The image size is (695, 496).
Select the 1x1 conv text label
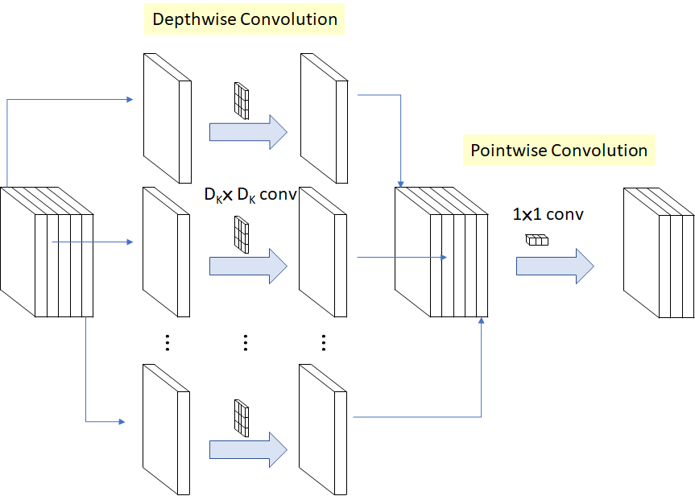548,215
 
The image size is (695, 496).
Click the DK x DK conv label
250,195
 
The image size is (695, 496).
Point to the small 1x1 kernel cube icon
536,239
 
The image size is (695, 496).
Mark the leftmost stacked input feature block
47,254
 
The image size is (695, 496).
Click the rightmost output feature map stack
658,254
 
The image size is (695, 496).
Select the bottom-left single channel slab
167,428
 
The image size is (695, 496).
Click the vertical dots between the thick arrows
246,343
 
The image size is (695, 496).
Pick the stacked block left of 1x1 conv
441,252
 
